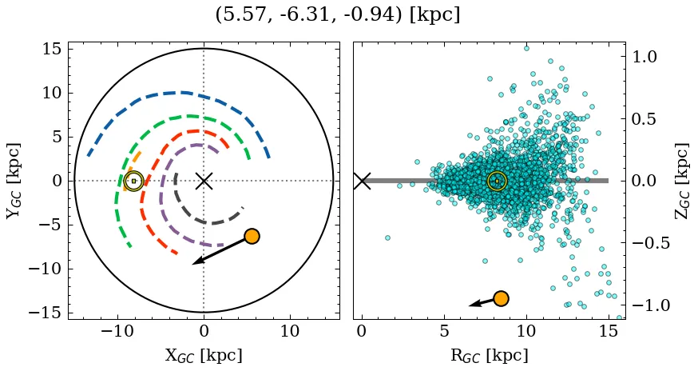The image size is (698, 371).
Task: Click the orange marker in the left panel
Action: click(x=252, y=236)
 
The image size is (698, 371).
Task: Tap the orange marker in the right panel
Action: click(x=501, y=298)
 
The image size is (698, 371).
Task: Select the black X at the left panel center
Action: click(x=204, y=181)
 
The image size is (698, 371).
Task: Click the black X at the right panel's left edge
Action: click(x=362, y=181)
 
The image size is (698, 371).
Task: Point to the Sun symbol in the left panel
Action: click(x=133, y=181)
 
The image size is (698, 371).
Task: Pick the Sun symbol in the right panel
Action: click(x=497, y=181)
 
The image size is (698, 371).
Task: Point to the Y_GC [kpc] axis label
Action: click(x=14, y=181)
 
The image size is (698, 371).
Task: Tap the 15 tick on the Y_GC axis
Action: click(x=51, y=50)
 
